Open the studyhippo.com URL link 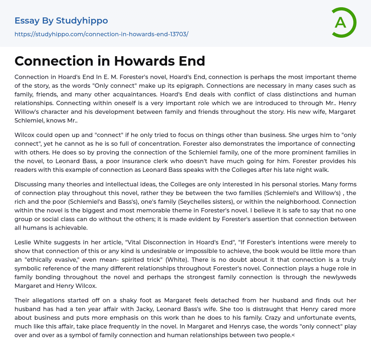click(101, 34)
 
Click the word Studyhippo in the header click(82, 21)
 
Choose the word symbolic click(29, 268)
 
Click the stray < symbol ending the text click(293, 335)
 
